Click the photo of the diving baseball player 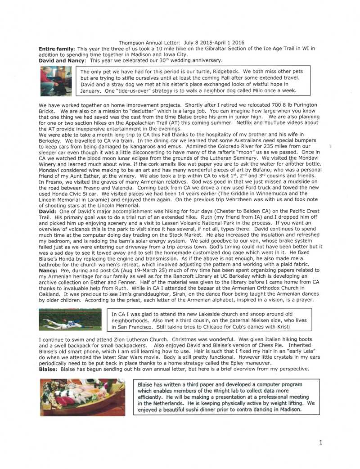coord(71,319)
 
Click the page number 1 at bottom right coord(320,443)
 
